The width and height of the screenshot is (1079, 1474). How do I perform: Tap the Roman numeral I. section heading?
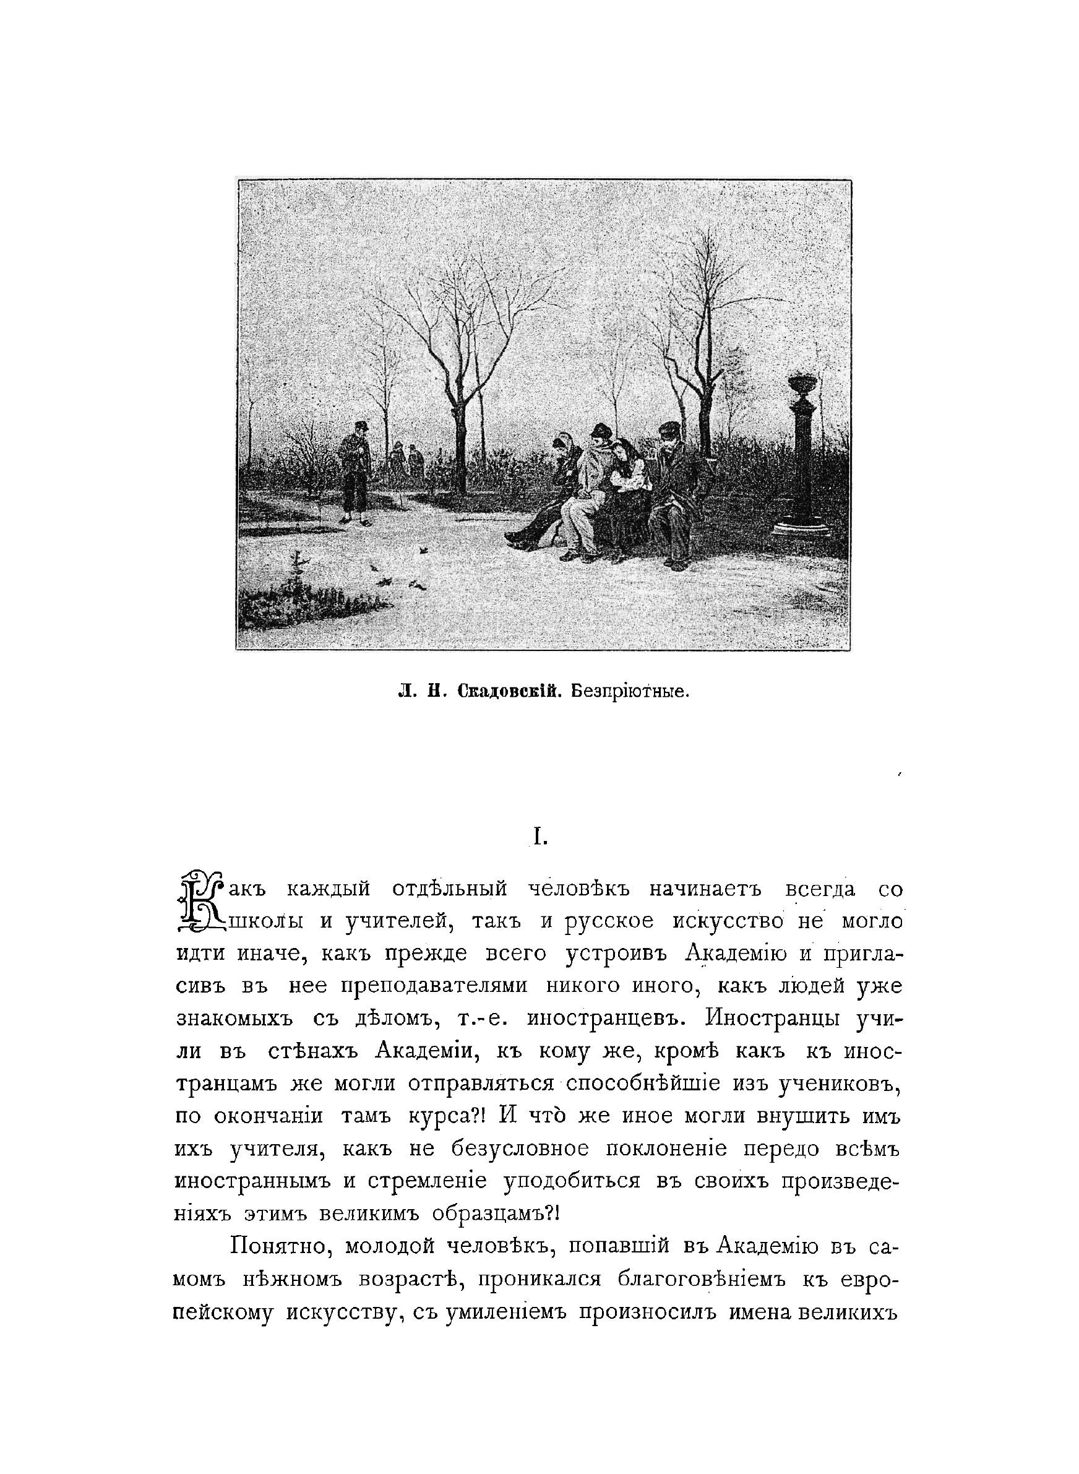(x=539, y=838)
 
